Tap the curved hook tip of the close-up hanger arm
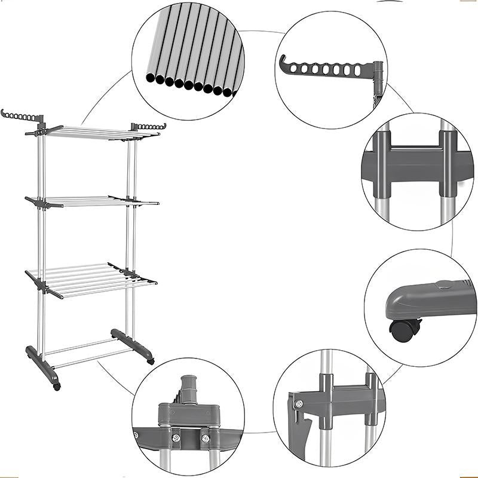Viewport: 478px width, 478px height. pyautogui.click(x=283, y=60)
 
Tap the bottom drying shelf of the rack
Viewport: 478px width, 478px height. pyautogui.click(x=90, y=278)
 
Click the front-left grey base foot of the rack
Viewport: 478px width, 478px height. pyautogui.click(x=42, y=364)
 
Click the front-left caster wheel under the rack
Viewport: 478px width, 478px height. pyautogui.click(x=57, y=387)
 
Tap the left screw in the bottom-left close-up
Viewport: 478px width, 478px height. pyautogui.click(x=176, y=438)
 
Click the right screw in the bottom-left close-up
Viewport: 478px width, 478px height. pyautogui.click(x=205, y=439)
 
